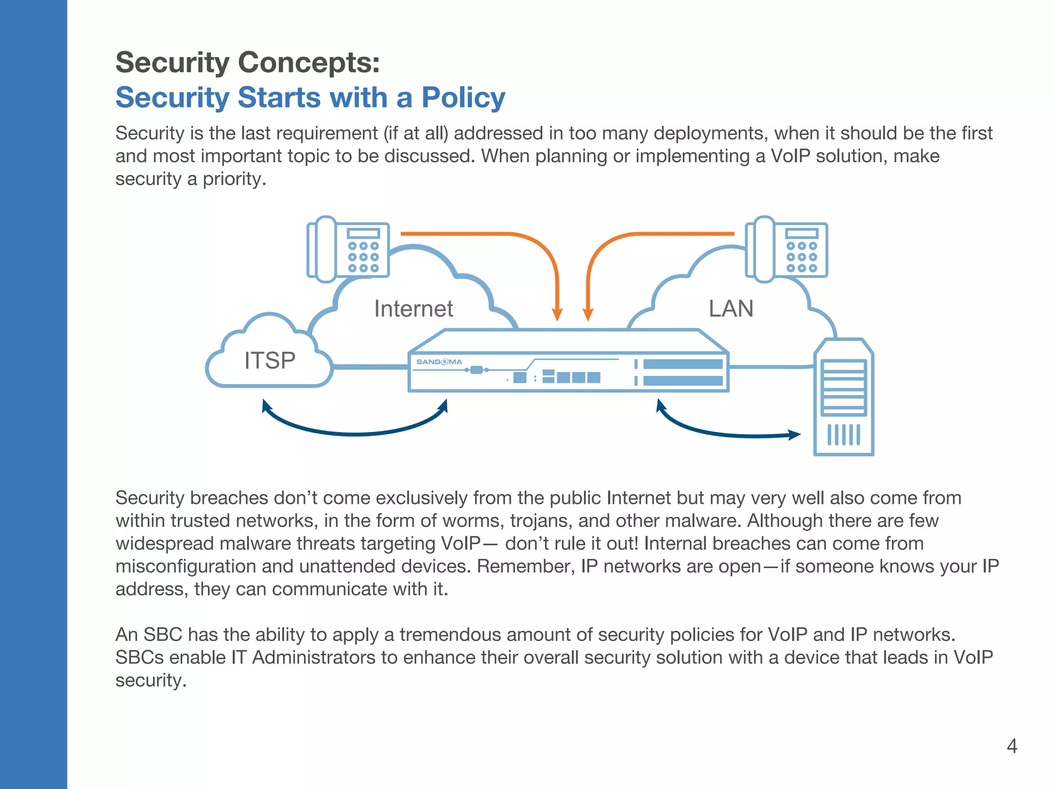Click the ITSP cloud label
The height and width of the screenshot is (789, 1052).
[x=270, y=361]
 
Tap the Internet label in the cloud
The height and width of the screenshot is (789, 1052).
[x=414, y=309]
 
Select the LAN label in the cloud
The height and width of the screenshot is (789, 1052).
[x=730, y=309]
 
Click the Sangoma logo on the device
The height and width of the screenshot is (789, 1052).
[x=439, y=362]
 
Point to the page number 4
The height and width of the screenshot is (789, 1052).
[x=1011, y=746]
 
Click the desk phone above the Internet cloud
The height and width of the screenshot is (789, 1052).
[x=348, y=250]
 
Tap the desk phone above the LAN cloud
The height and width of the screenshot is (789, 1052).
[x=786, y=250]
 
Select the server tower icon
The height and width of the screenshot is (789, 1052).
[x=843, y=397]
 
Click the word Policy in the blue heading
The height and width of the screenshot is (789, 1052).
[x=463, y=98]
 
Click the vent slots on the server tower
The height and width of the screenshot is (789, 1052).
[x=843, y=435]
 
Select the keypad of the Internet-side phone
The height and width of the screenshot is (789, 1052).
[x=363, y=257]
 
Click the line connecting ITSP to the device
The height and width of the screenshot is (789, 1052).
[x=370, y=367]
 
